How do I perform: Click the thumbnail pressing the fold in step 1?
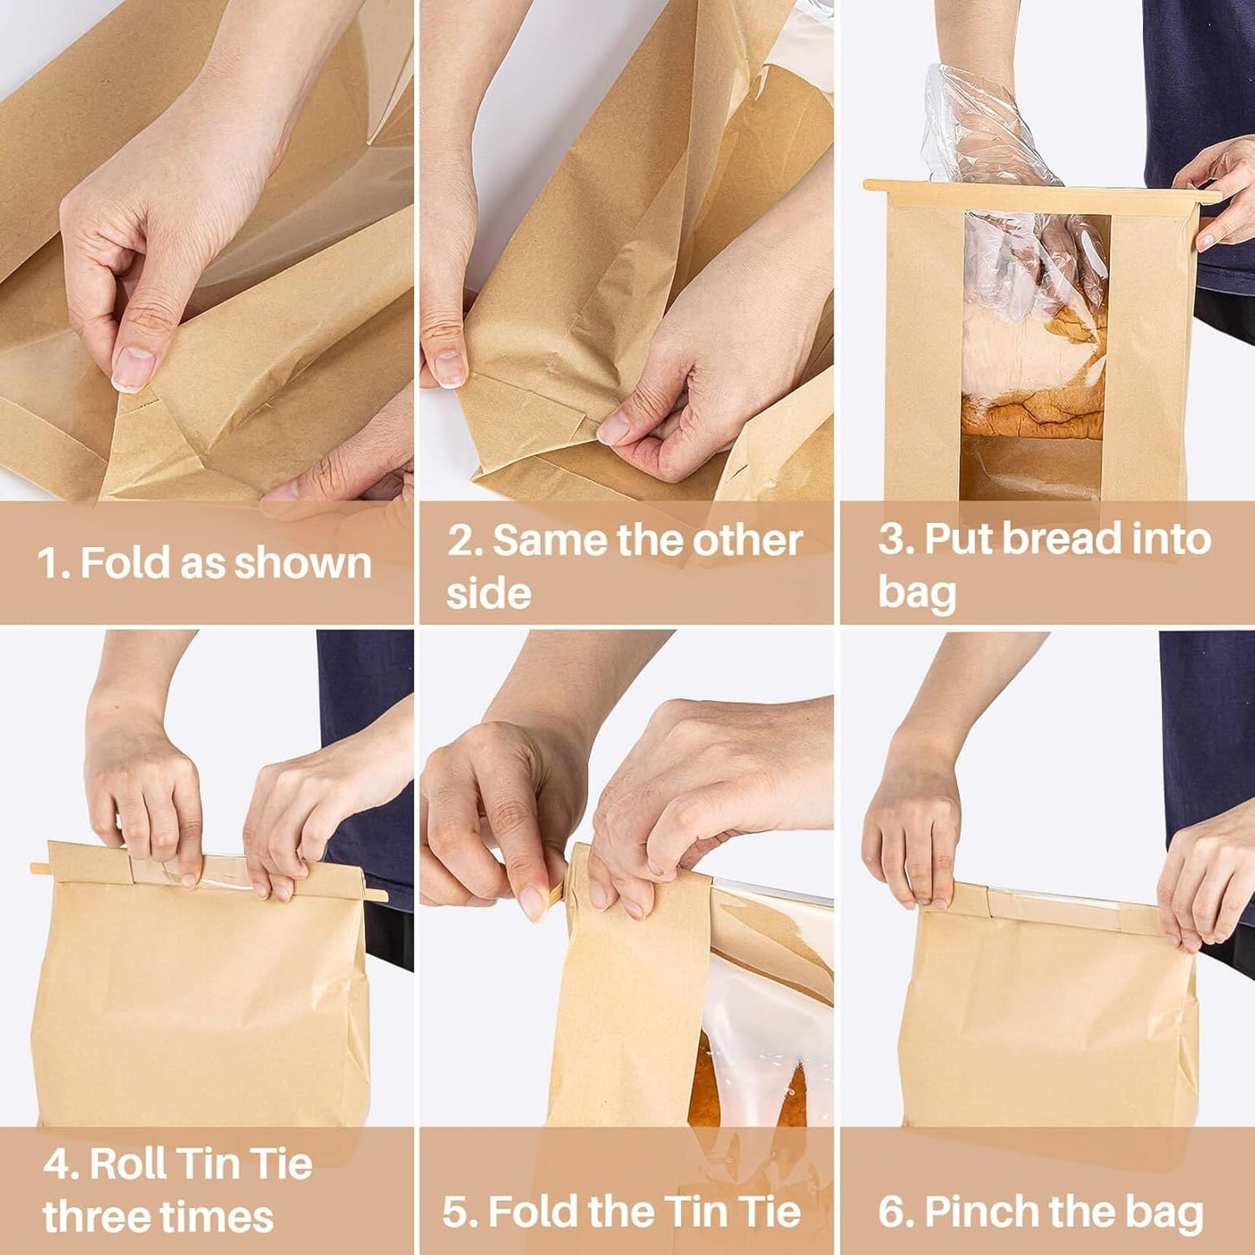tap(133, 369)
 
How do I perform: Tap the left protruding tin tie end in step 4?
tap(38, 868)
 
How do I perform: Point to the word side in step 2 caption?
tap(488, 594)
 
